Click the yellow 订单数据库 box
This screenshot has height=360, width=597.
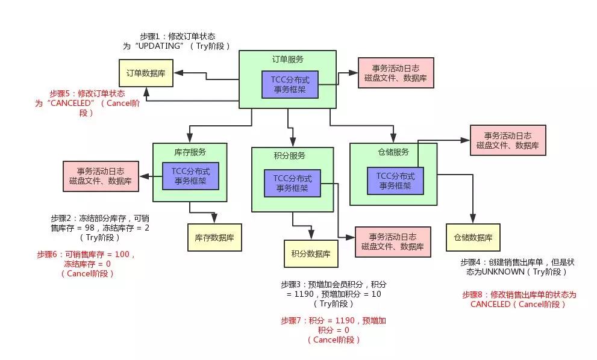(x=146, y=73)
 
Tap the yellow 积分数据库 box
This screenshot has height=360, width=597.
(x=311, y=253)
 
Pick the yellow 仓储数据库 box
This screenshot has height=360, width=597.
(x=473, y=237)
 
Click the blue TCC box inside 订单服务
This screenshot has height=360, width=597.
(x=290, y=84)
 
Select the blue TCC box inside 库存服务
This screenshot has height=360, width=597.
(x=190, y=176)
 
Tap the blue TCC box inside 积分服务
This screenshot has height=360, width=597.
(x=292, y=183)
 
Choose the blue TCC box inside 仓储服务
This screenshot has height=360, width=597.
(x=395, y=181)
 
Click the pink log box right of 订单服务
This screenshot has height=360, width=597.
(x=396, y=73)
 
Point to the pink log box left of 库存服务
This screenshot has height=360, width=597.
(x=101, y=176)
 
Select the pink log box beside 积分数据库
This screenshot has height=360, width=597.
(x=393, y=242)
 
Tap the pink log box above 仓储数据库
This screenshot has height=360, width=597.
(x=507, y=140)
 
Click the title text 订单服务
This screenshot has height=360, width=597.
(x=287, y=60)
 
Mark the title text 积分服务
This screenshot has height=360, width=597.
(x=289, y=156)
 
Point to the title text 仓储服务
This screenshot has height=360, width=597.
(x=393, y=152)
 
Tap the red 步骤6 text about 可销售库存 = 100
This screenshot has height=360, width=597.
(x=87, y=264)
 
